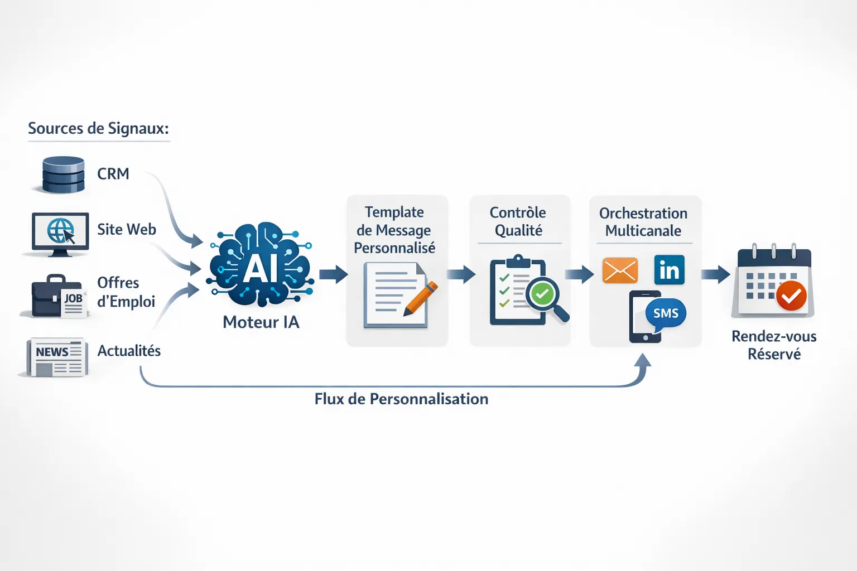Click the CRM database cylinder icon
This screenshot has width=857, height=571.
click(63, 175)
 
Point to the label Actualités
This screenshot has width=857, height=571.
click(129, 351)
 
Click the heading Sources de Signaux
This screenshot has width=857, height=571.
click(98, 129)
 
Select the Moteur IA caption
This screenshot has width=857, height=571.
click(261, 322)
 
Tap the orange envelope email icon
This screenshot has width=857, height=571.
click(620, 270)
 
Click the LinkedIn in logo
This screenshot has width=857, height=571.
click(669, 270)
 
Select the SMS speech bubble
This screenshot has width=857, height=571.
click(666, 313)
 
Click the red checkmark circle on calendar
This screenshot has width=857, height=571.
click(791, 296)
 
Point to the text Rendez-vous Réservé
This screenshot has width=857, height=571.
click(774, 345)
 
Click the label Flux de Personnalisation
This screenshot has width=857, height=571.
click(401, 399)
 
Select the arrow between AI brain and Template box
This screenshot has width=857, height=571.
click(333, 274)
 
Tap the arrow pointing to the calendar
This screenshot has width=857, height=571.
click(715, 274)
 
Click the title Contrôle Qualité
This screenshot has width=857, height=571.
click(518, 221)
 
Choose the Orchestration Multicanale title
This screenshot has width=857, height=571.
click(643, 222)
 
